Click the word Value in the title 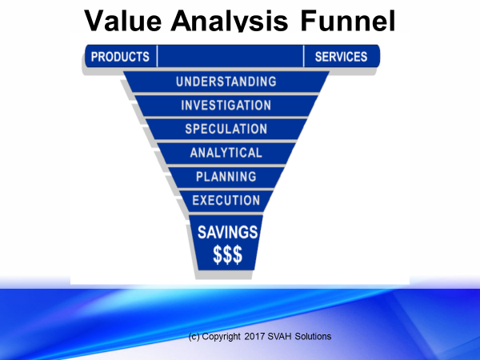(122, 21)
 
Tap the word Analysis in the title (230, 21)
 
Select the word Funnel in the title (348, 21)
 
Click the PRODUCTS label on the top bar (120, 57)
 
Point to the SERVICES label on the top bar (341, 57)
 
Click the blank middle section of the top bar (230, 56)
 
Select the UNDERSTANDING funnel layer (226, 82)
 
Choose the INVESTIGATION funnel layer (226, 106)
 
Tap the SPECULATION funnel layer (226, 129)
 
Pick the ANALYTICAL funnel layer (226, 153)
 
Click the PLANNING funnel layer (226, 177)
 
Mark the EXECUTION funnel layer (226, 201)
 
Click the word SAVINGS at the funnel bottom (227, 232)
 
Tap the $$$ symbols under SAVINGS (227, 254)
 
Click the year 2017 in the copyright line (254, 337)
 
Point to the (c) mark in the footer (194, 337)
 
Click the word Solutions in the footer (313, 337)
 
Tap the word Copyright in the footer (221, 337)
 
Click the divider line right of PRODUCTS (157, 56)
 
